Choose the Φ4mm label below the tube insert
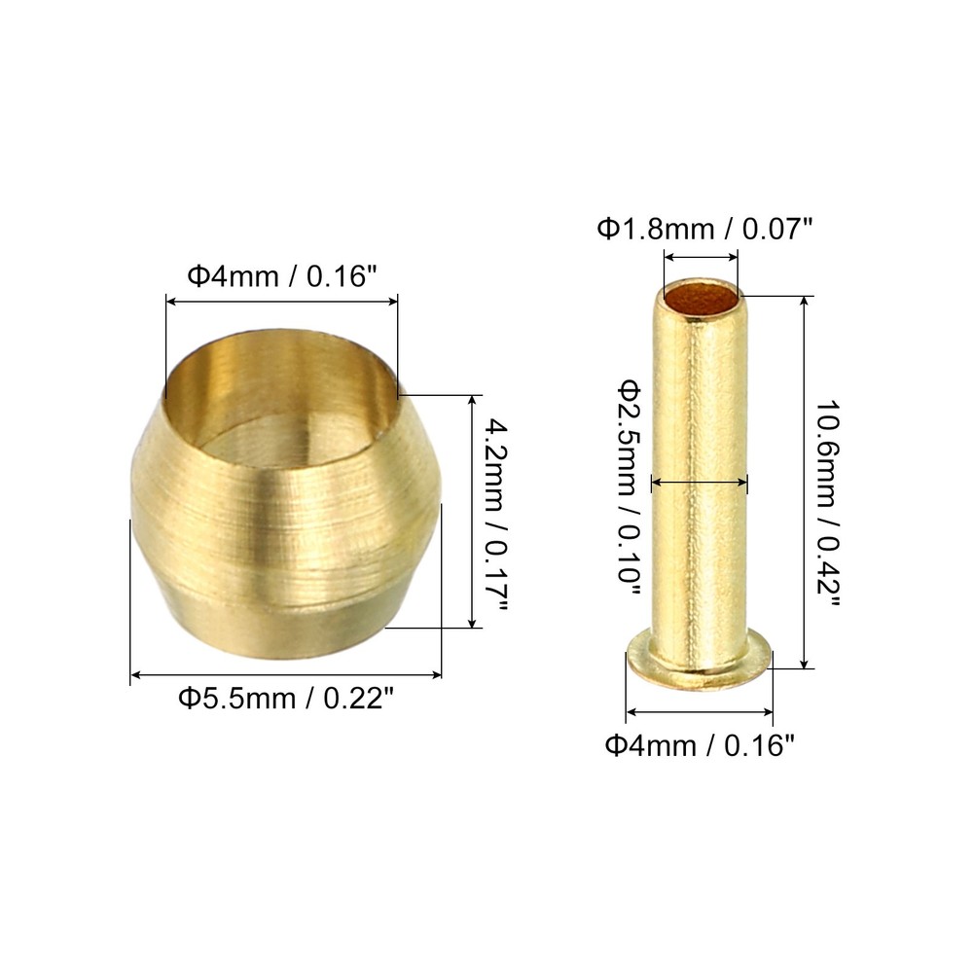pyautogui.click(x=700, y=746)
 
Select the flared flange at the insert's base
pyautogui.click(x=698, y=662)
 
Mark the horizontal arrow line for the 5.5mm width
pyautogui.click(x=286, y=673)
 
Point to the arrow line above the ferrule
pyautogui.click(x=281, y=304)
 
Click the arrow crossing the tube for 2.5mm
pyautogui.click(x=700, y=481)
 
